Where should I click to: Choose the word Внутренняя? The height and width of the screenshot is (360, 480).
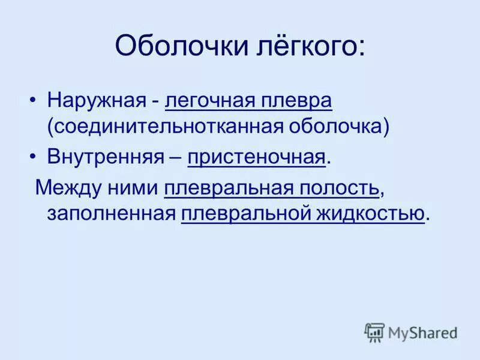(106, 157)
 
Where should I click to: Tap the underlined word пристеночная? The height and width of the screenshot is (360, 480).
(256, 157)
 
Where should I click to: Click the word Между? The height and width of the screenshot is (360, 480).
(66, 187)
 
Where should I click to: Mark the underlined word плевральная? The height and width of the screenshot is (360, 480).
(227, 187)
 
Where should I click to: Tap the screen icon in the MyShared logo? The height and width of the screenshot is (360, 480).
(374, 332)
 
